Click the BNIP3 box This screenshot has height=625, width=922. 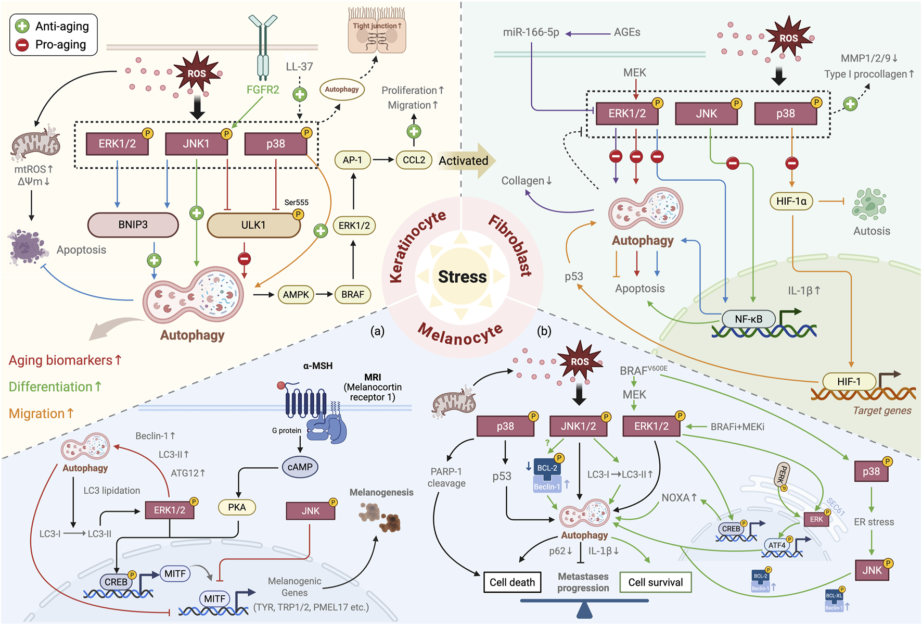133,225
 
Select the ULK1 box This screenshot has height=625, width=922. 253,226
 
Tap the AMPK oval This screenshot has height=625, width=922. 296,295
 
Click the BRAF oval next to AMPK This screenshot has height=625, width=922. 353,295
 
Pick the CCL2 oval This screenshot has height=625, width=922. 414,160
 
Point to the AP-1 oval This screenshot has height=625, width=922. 352,160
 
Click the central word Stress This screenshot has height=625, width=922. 462,277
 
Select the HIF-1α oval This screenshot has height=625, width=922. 791,201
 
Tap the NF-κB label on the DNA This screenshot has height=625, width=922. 748,319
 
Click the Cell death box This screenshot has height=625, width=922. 512,582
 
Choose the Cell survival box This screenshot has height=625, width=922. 655,582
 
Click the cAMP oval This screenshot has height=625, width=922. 300,467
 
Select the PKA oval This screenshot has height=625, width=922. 237,507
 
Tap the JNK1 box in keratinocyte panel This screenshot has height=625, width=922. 196,144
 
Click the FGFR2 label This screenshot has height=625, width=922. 263,90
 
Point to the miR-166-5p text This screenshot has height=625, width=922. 531,32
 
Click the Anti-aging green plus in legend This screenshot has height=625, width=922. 22,26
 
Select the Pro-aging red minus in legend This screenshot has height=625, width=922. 22,45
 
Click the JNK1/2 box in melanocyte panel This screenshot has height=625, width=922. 579,427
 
